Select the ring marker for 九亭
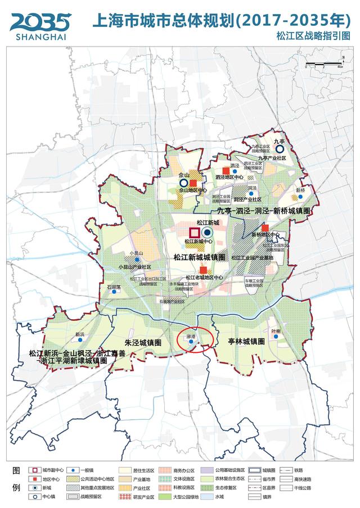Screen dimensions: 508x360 point(280,149)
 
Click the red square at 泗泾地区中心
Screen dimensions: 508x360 point(226,170)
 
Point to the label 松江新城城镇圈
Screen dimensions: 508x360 point(199,257)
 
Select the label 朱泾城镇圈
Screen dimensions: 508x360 point(143,342)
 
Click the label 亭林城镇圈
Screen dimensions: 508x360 point(246,341)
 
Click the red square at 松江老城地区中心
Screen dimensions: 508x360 point(203,270)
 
